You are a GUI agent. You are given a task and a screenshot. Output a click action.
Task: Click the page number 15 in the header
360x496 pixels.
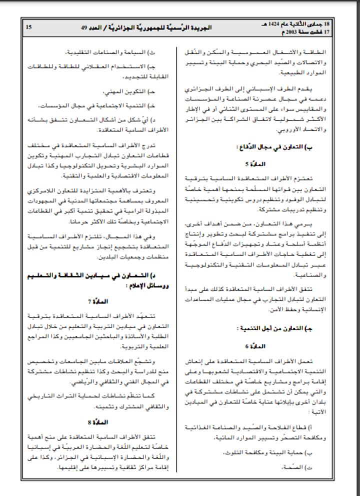28,27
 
